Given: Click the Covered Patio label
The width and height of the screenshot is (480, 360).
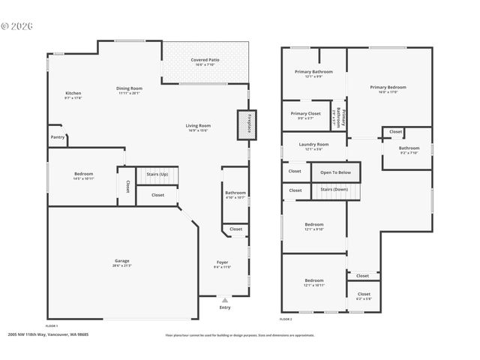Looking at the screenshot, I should click(x=204, y=59).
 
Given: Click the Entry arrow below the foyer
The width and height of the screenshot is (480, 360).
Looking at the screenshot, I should click(x=224, y=299).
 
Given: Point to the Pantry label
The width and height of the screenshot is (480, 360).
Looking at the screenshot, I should click(x=58, y=137).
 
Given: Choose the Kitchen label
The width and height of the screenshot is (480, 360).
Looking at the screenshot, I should click(x=73, y=93).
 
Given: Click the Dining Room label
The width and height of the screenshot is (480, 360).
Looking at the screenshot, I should click(x=129, y=88).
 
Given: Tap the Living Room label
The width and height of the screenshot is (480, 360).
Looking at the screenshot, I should click(x=198, y=125).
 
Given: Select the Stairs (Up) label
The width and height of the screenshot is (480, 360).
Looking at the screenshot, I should click(x=157, y=173).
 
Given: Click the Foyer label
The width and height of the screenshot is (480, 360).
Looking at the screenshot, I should click(x=223, y=262).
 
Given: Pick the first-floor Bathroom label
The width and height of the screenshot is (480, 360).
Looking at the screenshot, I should click(x=235, y=193).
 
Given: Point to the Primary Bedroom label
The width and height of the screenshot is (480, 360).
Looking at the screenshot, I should click(x=388, y=87).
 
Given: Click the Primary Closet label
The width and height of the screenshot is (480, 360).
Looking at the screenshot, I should click(x=304, y=113).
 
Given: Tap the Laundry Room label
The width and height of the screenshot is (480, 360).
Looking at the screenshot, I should click(x=313, y=144).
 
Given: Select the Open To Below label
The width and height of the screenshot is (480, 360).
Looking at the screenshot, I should click(x=335, y=172).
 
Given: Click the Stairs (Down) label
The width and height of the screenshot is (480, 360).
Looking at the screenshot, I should click(x=335, y=190).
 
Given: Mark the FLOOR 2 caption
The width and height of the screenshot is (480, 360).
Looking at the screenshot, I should click(x=286, y=319).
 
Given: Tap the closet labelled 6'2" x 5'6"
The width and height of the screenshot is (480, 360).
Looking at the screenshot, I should click(x=364, y=295).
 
